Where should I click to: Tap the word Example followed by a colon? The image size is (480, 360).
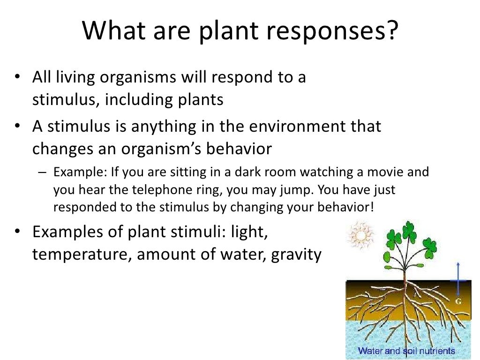[x=80, y=172]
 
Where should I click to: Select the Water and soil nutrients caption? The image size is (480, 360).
[x=406, y=351]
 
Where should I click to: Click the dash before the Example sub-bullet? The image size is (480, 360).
[x=42, y=172]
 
